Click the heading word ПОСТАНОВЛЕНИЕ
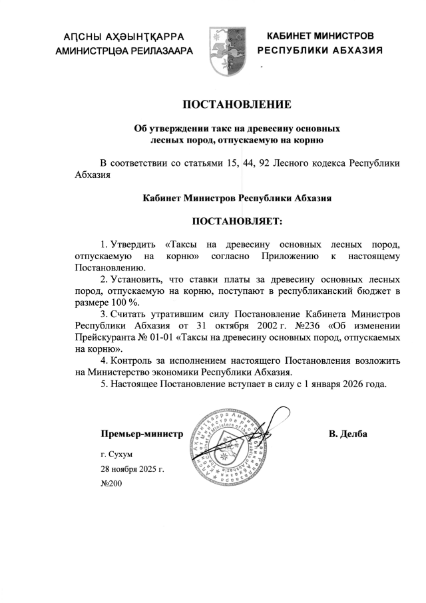pos(237,104)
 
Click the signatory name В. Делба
pos(347,435)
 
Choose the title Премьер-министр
pos(141,435)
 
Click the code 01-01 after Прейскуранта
pos(155,337)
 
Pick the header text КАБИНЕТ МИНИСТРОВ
pos(320,35)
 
